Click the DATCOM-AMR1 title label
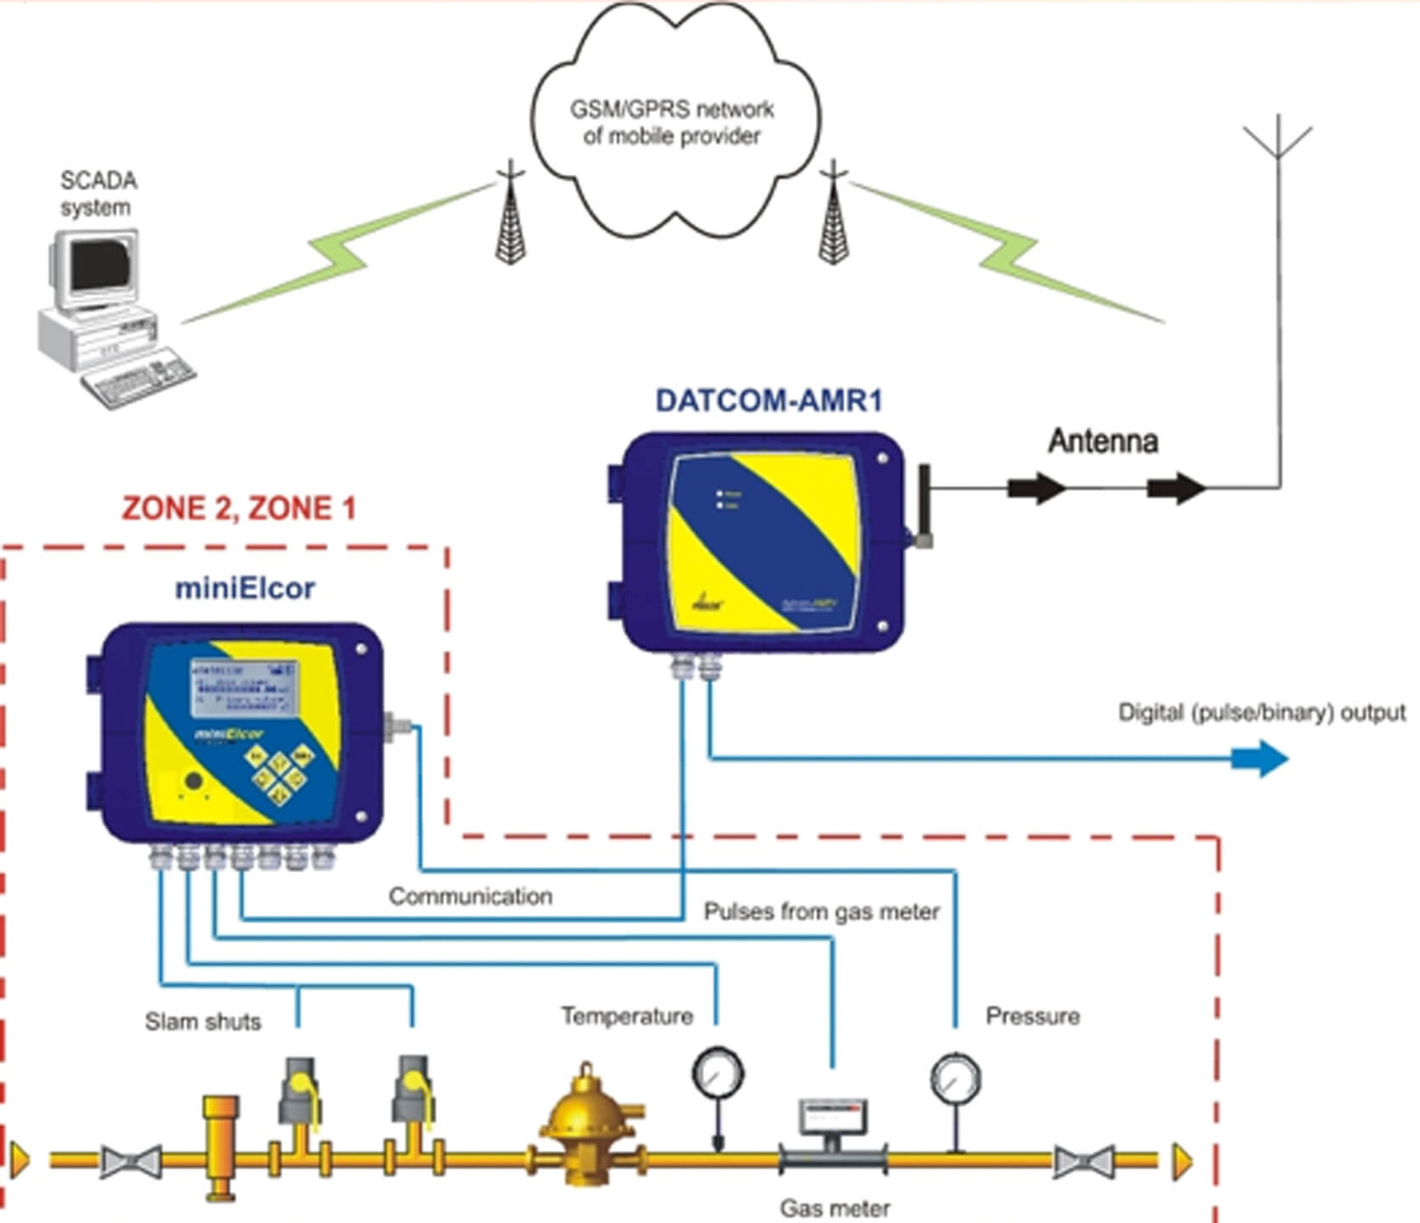point(769,401)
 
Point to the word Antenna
point(1103,441)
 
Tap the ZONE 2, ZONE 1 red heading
point(239,509)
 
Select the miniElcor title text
point(245,588)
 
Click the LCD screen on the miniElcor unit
point(244,687)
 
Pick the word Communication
point(471,896)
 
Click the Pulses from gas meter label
point(821,912)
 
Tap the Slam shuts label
point(203,1021)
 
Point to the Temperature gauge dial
point(718,1074)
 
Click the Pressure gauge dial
point(956,1079)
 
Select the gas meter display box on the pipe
point(833,1117)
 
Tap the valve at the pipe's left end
point(131,1161)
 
